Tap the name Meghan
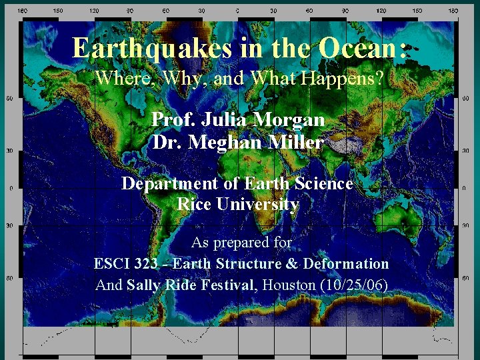220,143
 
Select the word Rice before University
194,204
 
